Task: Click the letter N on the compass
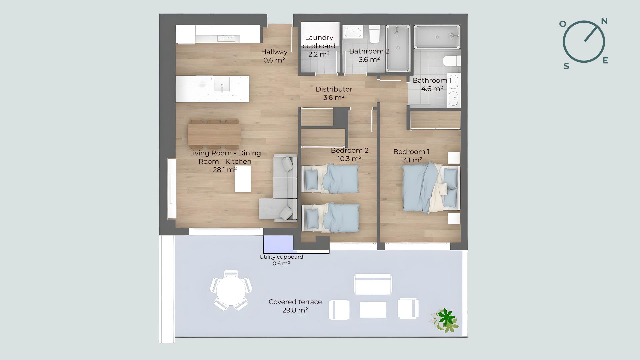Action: (604, 21)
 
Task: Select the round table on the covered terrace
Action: (231, 290)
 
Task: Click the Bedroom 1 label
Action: (411, 152)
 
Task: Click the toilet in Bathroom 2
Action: (374, 34)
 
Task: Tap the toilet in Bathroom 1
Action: (452, 61)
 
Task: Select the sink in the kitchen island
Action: (222, 84)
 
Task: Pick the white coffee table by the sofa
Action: (243, 179)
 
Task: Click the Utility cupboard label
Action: (281, 257)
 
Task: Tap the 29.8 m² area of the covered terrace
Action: (295, 310)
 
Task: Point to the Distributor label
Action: (334, 89)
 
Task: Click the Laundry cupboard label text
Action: (319, 42)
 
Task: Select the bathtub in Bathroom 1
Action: (437, 36)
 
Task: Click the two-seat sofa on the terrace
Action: (373, 284)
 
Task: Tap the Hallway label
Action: (274, 52)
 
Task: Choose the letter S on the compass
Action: (566, 66)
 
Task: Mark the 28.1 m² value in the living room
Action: (225, 170)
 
